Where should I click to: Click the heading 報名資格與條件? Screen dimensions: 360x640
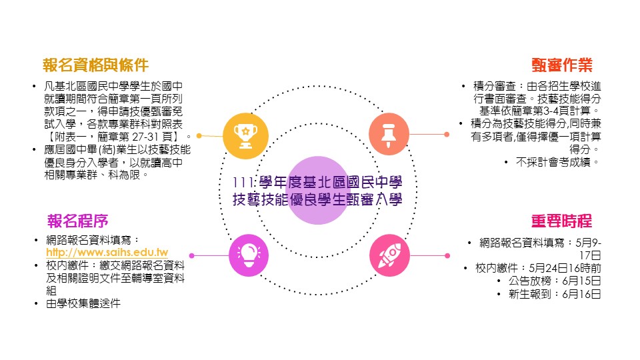click(95, 65)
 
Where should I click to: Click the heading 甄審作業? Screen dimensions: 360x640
click(562, 65)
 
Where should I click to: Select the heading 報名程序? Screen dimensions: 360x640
click(78, 221)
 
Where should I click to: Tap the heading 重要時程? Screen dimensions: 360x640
click(561, 221)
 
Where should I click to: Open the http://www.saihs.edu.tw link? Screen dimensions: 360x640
click(107, 253)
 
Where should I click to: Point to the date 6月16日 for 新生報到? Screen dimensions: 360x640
click(582, 293)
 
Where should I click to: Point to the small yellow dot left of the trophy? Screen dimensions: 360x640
click(199, 135)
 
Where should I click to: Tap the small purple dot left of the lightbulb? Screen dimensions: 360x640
click(192, 255)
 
